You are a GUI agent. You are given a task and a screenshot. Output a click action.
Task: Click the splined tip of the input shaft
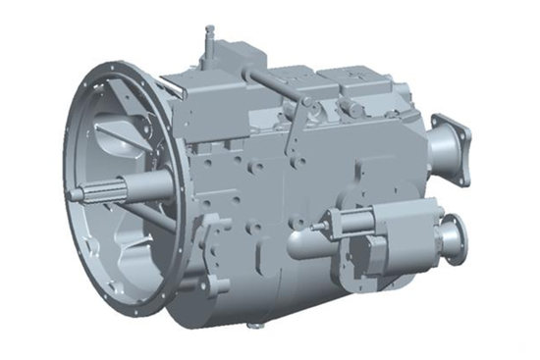click(x=77, y=193)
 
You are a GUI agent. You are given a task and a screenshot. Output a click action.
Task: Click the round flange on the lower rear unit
click(x=454, y=238)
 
